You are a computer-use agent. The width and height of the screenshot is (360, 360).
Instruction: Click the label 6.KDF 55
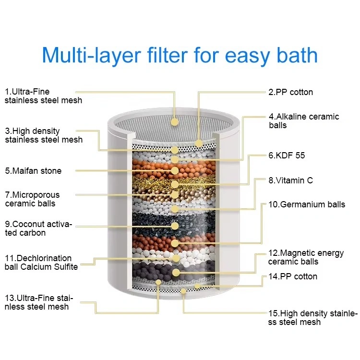point(287,156)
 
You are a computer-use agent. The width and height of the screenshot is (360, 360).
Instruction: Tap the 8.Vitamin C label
point(291,180)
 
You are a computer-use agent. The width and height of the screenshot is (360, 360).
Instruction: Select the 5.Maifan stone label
point(33,171)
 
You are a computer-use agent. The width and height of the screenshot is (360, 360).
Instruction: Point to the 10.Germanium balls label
point(307,204)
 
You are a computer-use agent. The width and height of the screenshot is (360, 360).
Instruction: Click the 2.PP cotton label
point(291,92)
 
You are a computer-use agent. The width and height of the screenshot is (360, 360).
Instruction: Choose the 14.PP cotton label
point(293,276)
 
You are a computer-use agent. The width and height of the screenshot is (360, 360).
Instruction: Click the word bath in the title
point(297,55)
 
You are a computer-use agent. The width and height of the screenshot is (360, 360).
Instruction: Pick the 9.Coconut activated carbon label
point(38,228)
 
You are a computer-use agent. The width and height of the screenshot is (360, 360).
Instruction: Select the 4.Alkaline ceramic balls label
point(304,121)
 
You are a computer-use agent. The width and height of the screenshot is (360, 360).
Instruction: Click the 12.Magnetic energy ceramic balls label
point(306,257)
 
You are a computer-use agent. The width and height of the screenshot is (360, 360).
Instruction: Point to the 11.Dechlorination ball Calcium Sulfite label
point(41,263)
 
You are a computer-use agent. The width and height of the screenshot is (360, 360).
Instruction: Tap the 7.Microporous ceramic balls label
point(32,199)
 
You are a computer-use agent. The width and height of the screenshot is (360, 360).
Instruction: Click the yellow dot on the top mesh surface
point(175,122)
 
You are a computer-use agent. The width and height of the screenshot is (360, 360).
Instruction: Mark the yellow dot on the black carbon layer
point(175,226)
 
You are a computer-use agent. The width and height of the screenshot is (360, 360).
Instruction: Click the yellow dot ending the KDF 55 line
point(175,184)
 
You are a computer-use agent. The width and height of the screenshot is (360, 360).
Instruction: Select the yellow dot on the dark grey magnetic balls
point(176,273)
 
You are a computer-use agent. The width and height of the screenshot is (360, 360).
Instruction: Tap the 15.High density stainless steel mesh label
point(313,318)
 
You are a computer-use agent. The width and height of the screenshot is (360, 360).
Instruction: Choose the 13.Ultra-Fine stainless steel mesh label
point(39,302)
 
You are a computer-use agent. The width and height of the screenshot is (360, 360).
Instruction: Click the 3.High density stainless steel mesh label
point(44,135)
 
